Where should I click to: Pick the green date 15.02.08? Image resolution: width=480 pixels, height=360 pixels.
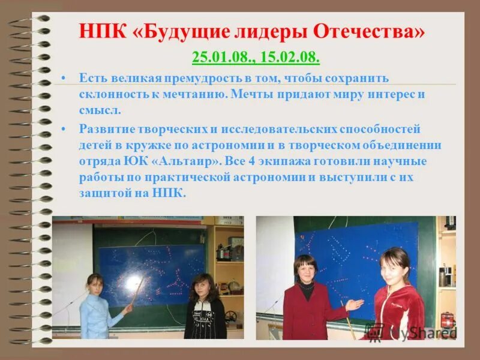[289, 58]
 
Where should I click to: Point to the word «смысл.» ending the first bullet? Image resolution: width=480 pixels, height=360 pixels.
[100, 110]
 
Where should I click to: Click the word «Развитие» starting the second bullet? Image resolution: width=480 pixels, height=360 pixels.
[106, 129]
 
